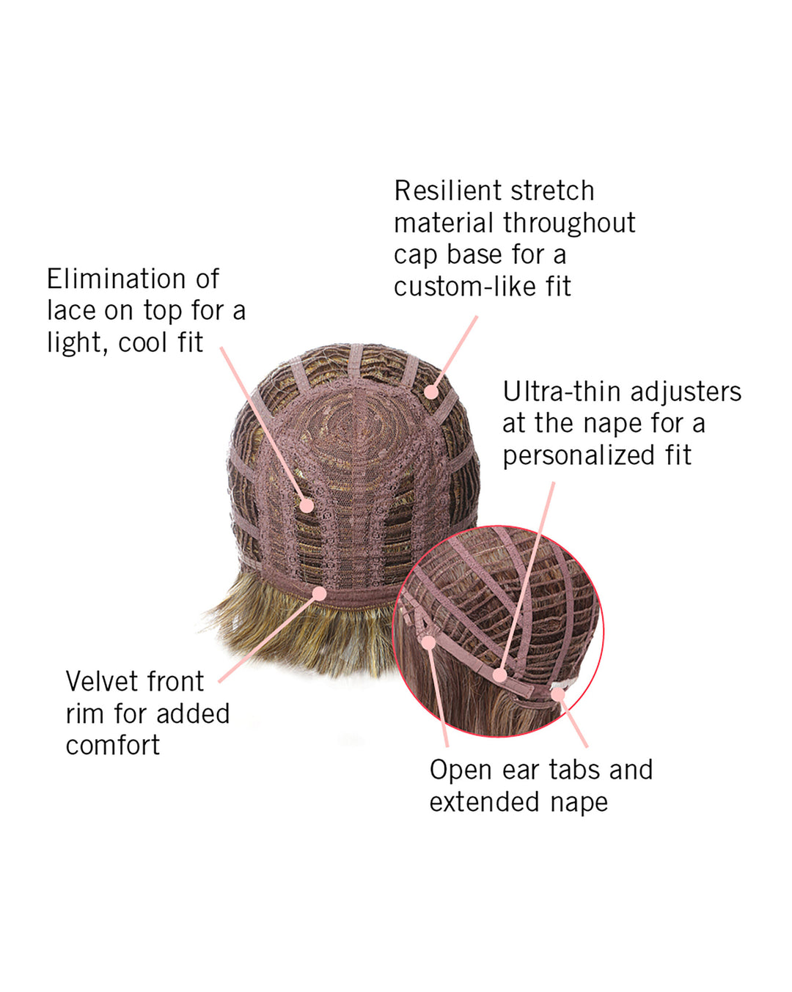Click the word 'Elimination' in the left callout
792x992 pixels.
116,279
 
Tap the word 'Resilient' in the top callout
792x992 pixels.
447,191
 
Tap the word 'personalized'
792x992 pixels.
578,456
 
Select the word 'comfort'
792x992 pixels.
113,746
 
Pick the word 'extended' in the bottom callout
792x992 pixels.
484,803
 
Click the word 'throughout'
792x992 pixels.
569,223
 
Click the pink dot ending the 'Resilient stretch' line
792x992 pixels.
431,392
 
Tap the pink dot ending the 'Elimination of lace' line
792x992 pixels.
307,506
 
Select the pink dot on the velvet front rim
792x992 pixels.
319,594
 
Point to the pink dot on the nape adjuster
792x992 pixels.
499,675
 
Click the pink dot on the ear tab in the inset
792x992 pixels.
429,642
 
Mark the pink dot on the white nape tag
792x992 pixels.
558,694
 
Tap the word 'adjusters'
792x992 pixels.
686,392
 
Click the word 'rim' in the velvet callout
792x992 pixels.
85,713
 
